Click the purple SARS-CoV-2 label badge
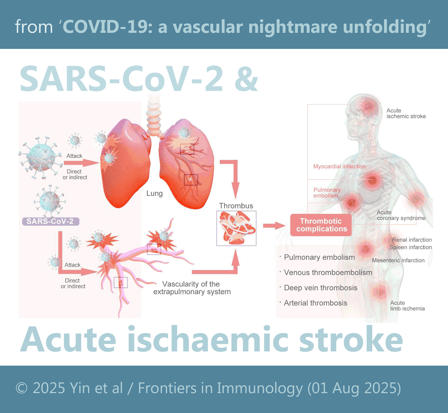tap(51, 221)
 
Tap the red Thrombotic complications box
tap(321, 225)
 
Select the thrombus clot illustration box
tap(236, 228)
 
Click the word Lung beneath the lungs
tap(154, 194)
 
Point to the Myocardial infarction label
tap(339, 167)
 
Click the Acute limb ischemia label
tap(407, 306)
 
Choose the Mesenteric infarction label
tap(398, 260)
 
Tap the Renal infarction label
tap(412, 240)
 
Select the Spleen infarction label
tap(411, 247)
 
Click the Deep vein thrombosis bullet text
tap(321, 288)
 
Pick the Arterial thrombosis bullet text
tap(315, 303)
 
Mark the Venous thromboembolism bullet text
tap(328, 272)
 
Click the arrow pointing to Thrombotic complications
tap(274, 225)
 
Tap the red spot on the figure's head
tap(368, 107)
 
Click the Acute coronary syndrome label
tap(401, 215)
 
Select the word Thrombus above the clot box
tap(236, 206)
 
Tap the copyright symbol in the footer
tap(22, 388)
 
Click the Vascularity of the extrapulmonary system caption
tap(192, 288)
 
